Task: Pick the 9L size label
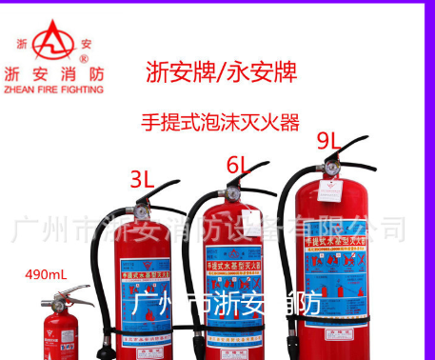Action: [x=329, y=141]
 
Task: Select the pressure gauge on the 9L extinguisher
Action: [x=329, y=164]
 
